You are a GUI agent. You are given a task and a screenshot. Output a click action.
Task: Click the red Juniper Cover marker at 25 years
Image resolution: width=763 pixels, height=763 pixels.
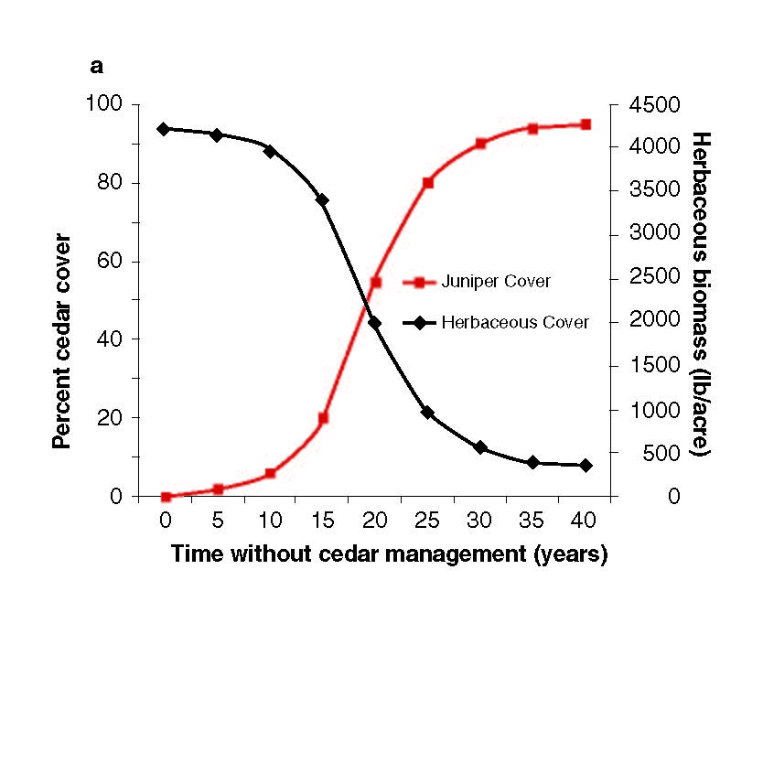pyautogui.click(x=427, y=183)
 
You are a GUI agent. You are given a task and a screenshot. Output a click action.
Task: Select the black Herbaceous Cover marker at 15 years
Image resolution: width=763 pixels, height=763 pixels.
pyautogui.click(x=322, y=199)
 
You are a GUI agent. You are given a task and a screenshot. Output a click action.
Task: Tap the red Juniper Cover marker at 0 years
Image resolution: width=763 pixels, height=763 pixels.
pyautogui.click(x=166, y=497)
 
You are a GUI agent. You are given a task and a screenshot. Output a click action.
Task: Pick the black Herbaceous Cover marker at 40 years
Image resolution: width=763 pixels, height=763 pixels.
pyautogui.click(x=586, y=465)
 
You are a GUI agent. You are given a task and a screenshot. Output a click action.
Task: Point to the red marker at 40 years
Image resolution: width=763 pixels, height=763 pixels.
pyautogui.click(x=586, y=124)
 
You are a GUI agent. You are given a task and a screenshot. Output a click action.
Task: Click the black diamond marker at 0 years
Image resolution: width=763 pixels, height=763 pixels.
pyautogui.click(x=164, y=129)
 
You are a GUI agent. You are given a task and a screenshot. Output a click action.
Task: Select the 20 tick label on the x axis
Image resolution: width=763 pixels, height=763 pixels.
pyautogui.click(x=374, y=521)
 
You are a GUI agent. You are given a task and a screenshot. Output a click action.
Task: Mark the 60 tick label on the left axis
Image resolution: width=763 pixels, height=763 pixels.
pyautogui.click(x=111, y=261)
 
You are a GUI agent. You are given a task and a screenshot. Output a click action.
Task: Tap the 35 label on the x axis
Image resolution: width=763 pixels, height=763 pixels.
pyautogui.click(x=532, y=521)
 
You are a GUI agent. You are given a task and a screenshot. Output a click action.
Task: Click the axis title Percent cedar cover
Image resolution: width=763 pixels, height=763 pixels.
pyautogui.click(x=61, y=340)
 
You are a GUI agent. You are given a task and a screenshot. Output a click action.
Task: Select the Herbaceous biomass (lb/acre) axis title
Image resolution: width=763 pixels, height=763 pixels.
pyautogui.click(x=701, y=295)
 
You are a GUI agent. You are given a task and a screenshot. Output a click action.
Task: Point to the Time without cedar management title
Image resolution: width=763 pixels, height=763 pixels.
pyautogui.click(x=389, y=554)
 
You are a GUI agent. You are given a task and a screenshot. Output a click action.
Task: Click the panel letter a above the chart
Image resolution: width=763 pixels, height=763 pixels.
pyautogui.click(x=96, y=67)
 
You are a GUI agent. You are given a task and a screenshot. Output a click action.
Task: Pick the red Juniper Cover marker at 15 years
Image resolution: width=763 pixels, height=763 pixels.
pyautogui.click(x=323, y=418)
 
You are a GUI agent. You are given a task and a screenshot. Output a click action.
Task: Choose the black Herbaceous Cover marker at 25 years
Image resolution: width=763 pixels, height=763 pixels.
pyautogui.click(x=427, y=413)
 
